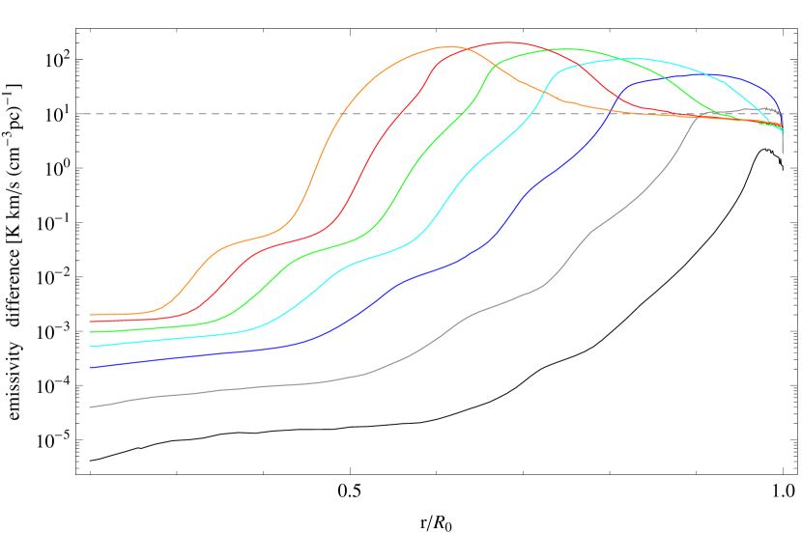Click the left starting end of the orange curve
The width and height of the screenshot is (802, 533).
(90, 315)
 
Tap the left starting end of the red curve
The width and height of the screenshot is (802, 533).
(90, 322)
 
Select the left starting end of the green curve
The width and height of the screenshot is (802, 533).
(90, 332)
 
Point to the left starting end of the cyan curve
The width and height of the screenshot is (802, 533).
(90, 346)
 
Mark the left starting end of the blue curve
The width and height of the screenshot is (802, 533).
(90, 367)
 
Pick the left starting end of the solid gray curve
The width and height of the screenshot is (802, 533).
(90, 407)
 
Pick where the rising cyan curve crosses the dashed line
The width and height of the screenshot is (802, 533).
(530, 114)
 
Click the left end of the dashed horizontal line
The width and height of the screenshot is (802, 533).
(77, 114)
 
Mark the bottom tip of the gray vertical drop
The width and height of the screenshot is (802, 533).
(783, 154)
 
